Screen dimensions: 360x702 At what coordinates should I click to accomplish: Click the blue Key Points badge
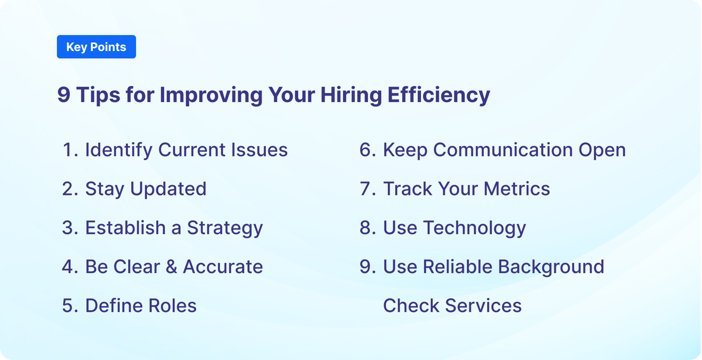tap(96, 47)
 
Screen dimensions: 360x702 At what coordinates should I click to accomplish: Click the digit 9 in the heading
tap(64, 95)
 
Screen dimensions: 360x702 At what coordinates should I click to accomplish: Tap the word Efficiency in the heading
tap(438, 95)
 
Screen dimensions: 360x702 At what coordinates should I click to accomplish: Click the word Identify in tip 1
tap(119, 150)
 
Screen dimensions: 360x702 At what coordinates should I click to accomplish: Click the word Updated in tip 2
tap(168, 189)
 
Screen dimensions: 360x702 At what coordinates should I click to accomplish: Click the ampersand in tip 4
tap(172, 267)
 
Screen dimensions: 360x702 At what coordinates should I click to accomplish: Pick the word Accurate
tap(223, 267)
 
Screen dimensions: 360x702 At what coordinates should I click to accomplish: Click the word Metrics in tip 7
tap(517, 189)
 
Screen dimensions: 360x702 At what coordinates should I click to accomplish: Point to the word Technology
tap(474, 228)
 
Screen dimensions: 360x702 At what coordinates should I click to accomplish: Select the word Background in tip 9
tap(551, 267)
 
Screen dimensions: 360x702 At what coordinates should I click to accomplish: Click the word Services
tap(483, 306)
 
